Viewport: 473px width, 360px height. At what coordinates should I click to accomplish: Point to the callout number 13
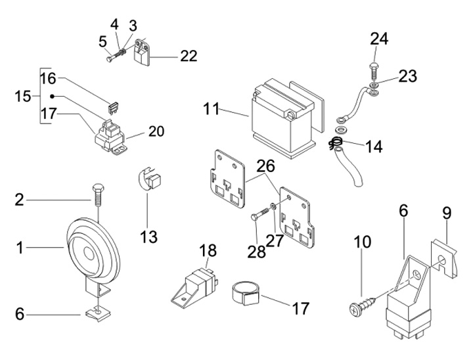coord(148,236)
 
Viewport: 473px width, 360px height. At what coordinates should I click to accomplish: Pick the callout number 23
coord(407,77)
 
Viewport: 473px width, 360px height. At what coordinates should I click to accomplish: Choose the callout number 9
coord(446,214)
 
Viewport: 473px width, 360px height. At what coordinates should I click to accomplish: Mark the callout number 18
coord(208,250)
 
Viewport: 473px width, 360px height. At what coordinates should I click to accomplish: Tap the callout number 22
coord(189,56)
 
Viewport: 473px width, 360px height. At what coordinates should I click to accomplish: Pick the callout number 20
coord(156,131)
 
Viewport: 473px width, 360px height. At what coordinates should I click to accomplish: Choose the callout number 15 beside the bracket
coord(23,97)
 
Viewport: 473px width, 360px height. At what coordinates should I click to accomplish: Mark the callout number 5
coord(103,41)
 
